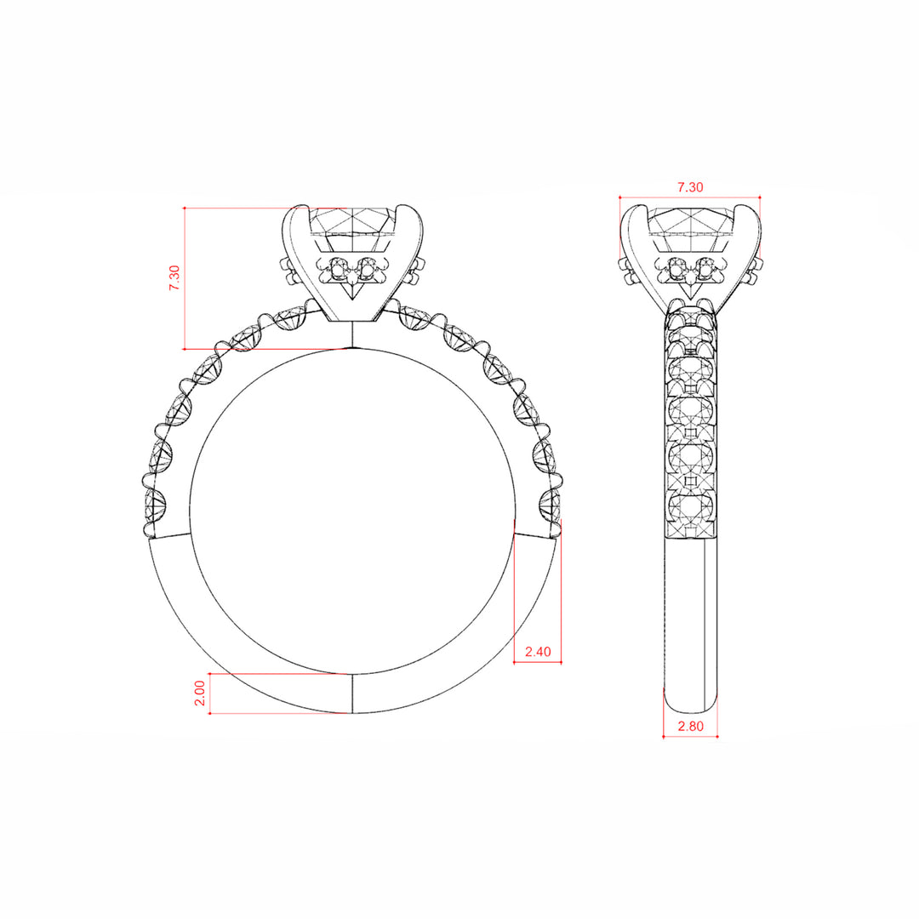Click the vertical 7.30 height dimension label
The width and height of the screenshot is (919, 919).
[x=174, y=277]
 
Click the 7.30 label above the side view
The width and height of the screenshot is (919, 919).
[x=690, y=187]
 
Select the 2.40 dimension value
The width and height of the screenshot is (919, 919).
[x=538, y=651]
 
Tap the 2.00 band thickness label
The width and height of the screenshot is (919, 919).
[x=200, y=693]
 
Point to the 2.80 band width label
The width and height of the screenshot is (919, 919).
[x=690, y=726]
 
